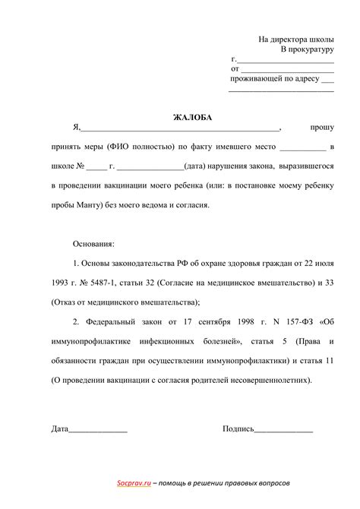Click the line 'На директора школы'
pyautogui.click(x=296, y=38)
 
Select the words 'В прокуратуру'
pyautogui.click(x=307, y=49)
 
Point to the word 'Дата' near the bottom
pyautogui.click(x=60, y=428)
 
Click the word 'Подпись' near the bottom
pyautogui.click(x=238, y=428)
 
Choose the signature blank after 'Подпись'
pyautogui.click(x=283, y=430)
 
